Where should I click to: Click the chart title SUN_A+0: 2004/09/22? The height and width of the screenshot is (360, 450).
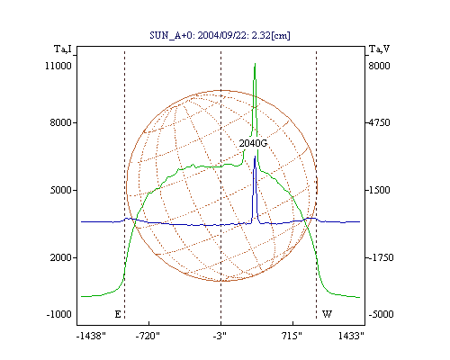(x=196, y=35)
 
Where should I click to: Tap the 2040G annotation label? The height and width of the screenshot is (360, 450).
(x=253, y=143)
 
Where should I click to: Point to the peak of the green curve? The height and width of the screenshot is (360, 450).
(x=255, y=64)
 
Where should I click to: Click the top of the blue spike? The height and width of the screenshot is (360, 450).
(x=255, y=157)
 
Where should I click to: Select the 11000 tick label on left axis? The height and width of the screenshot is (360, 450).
(x=58, y=66)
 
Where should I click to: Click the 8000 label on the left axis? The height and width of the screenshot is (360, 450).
(x=61, y=122)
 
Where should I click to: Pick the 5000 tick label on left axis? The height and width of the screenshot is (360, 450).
(x=61, y=190)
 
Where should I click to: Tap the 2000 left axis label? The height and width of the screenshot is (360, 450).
(x=61, y=257)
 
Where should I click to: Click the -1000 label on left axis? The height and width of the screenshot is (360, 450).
(x=59, y=314)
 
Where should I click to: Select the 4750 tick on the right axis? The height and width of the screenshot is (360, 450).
(x=379, y=122)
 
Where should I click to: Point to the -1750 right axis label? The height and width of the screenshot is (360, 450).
(x=381, y=257)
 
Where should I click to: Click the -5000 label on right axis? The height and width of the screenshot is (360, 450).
(x=381, y=314)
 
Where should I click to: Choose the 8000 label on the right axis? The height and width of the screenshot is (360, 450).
(x=379, y=66)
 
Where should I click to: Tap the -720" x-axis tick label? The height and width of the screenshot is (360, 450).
(x=148, y=336)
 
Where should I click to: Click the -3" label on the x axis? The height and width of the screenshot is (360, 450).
(x=220, y=336)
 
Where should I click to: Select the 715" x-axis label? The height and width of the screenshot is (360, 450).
(x=292, y=336)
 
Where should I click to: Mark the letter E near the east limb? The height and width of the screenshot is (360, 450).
(x=118, y=314)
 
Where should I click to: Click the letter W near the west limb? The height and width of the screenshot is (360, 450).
(x=327, y=314)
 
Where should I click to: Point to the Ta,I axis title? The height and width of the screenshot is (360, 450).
(x=63, y=49)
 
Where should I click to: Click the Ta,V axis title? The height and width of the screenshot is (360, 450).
(x=379, y=49)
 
